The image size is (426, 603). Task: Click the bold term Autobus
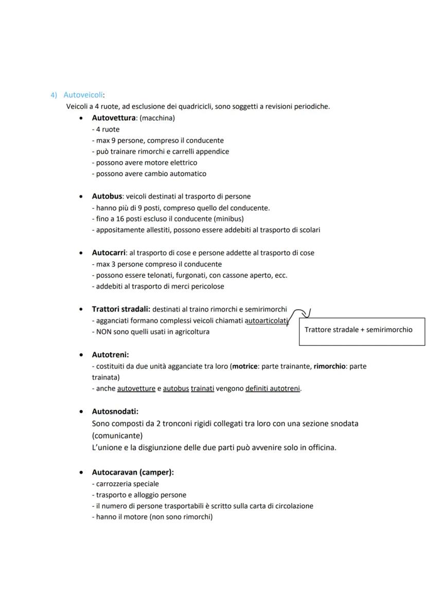pyautogui.click(x=106, y=196)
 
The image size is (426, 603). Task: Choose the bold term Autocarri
pyautogui.click(x=109, y=253)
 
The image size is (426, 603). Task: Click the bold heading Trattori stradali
pyautogui.click(x=120, y=309)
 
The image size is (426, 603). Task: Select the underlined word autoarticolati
pyautogui.click(x=266, y=320)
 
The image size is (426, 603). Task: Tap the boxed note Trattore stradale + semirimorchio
pyautogui.click(x=358, y=330)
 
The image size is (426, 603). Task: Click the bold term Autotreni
pyautogui.click(x=110, y=355)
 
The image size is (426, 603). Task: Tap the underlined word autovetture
pyautogui.click(x=136, y=388)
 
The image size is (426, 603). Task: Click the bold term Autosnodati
pyautogui.click(x=115, y=411)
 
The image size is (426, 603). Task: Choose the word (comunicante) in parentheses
pyautogui.click(x=117, y=435)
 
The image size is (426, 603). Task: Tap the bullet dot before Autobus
pyautogui.click(x=81, y=197)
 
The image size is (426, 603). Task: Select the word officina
pyautogui.click(x=319, y=447)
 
